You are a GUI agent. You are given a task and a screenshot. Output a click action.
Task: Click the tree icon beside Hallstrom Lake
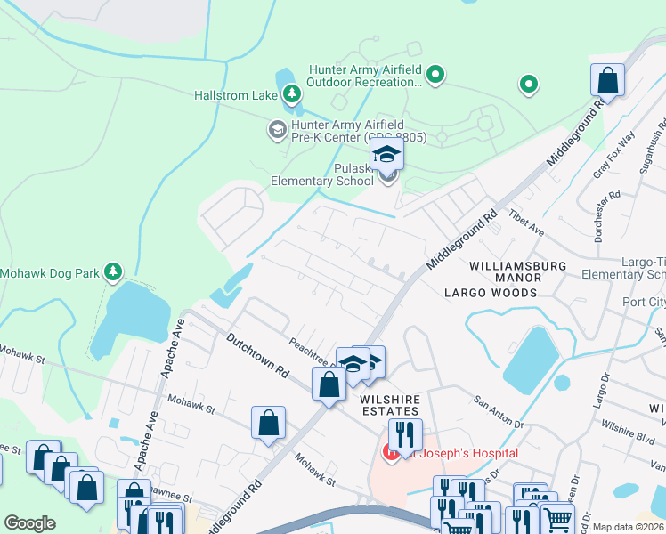click(x=291, y=93)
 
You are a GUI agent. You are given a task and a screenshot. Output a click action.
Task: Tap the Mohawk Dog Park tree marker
click(x=112, y=271)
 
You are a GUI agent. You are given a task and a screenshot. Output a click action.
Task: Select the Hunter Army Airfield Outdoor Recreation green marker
click(x=435, y=76)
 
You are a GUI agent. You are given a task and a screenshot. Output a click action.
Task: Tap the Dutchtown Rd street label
click(x=257, y=352)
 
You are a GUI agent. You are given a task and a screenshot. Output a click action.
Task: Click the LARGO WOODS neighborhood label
click(x=491, y=292)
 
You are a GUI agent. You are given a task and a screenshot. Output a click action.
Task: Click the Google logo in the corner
click(x=29, y=523)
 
